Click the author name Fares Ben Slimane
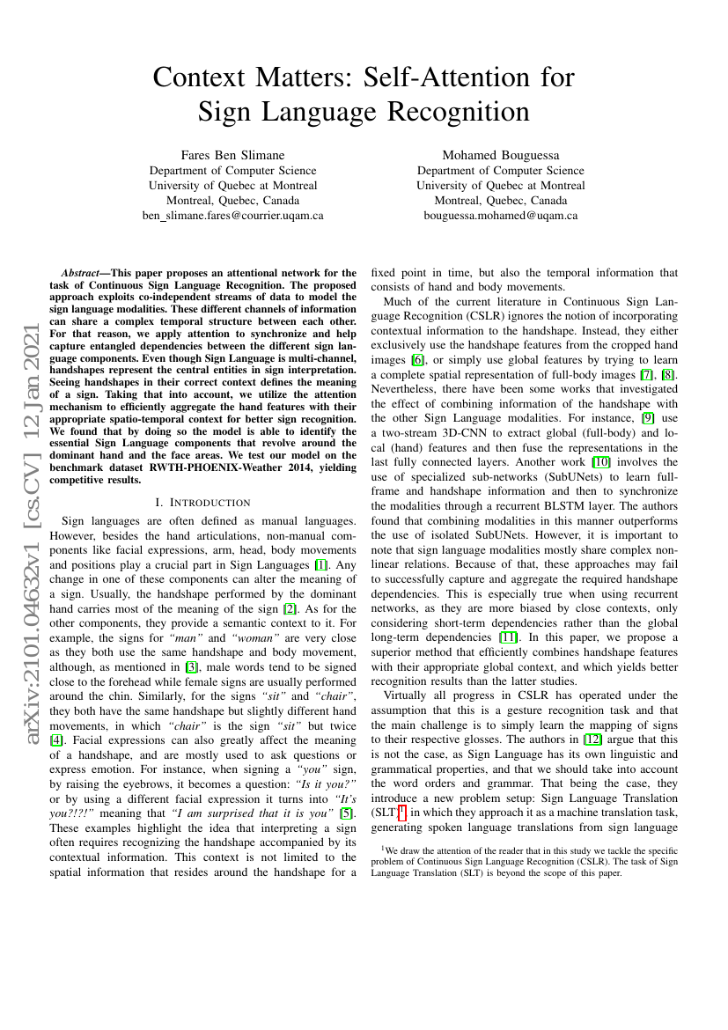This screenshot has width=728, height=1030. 232,156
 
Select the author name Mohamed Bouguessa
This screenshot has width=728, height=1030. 500,156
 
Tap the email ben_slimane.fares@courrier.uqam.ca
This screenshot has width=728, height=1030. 232,215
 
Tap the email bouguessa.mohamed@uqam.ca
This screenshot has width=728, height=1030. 500,215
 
